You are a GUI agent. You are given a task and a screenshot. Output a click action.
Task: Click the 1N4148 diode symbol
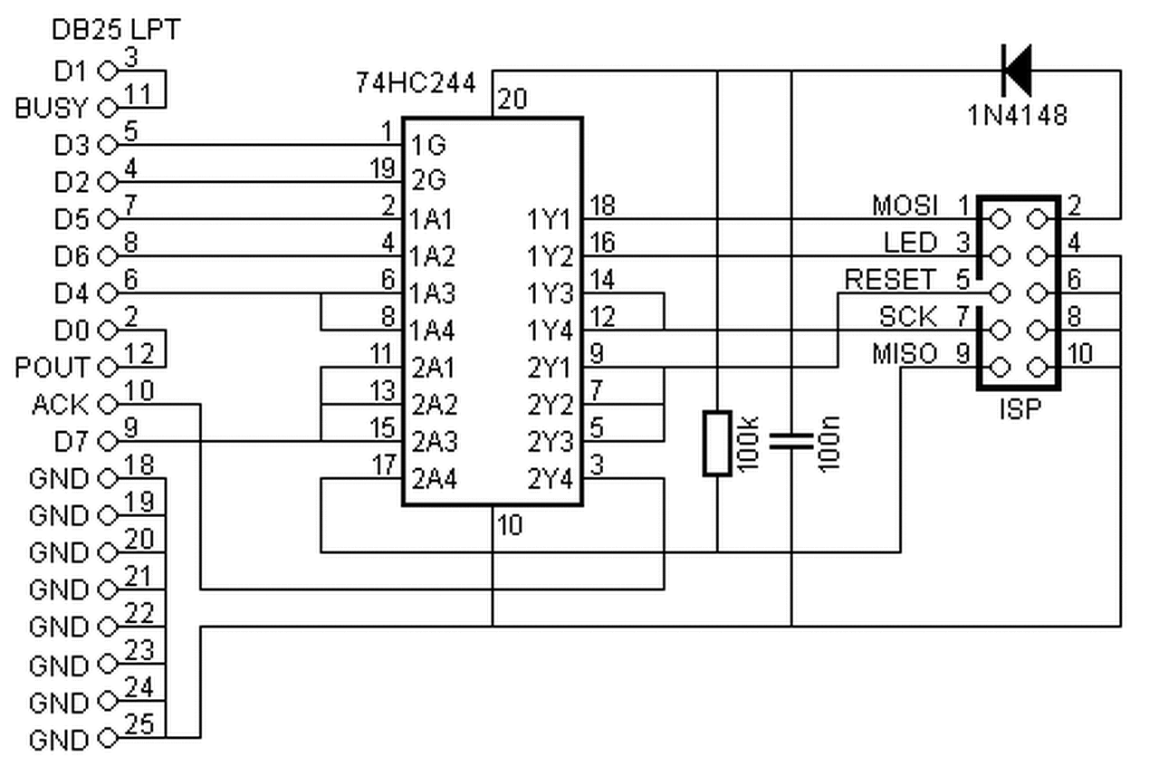click(1018, 71)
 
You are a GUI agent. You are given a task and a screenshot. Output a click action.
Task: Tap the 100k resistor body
click(717, 444)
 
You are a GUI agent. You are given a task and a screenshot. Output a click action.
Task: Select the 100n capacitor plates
click(791, 441)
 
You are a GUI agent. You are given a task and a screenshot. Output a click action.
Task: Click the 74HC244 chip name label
click(416, 82)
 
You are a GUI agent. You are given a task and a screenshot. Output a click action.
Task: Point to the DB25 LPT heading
click(116, 30)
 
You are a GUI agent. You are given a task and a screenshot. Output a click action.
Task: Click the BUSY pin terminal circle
click(108, 108)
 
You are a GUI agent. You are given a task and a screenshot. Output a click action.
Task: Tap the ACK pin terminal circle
click(108, 404)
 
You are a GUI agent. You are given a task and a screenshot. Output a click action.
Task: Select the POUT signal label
click(53, 368)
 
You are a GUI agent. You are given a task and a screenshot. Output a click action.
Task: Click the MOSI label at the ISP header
click(905, 206)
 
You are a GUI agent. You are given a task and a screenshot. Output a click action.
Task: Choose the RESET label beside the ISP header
click(890, 280)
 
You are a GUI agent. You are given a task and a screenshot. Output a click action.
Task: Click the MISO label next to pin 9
click(905, 354)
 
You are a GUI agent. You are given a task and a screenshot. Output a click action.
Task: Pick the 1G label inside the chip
click(428, 146)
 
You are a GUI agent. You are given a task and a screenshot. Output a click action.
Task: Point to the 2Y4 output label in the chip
click(550, 478)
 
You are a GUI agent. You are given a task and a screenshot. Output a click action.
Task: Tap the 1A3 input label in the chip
click(432, 293)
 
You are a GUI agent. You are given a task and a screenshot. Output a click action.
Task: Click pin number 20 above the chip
click(512, 99)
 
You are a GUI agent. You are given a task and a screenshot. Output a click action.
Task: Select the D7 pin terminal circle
click(108, 441)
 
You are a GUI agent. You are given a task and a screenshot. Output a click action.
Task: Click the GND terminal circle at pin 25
click(108, 738)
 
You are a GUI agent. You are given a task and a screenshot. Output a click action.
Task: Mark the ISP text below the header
click(1020, 409)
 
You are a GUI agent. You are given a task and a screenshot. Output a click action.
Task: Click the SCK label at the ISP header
click(908, 317)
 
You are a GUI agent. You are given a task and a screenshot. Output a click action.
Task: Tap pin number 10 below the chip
click(510, 525)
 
